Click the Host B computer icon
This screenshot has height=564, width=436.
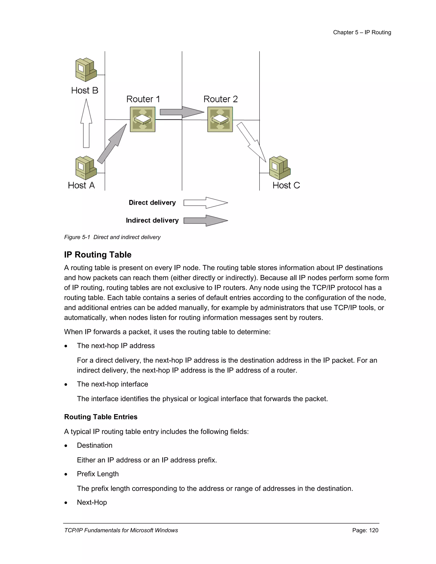click(x=86, y=70)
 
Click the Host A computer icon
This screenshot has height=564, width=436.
click(x=86, y=168)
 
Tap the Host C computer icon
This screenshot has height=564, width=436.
click(x=280, y=168)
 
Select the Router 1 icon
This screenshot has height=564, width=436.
click(x=143, y=119)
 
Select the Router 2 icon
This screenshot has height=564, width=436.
click(x=220, y=119)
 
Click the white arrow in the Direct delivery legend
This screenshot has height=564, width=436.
click(x=206, y=203)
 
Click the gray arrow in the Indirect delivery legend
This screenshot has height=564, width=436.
click(x=206, y=220)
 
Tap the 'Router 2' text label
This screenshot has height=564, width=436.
click(x=220, y=99)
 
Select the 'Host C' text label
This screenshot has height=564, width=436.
click(x=286, y=185)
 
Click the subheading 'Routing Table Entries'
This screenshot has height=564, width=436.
click(x=101, y=417)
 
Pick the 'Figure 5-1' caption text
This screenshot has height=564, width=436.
click(x=112, y=237)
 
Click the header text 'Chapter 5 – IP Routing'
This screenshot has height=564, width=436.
click(x=362, y=32)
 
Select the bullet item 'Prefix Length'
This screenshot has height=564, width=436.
click(x=98, y=474)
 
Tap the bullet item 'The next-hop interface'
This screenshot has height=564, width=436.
click(x=112, y=384)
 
